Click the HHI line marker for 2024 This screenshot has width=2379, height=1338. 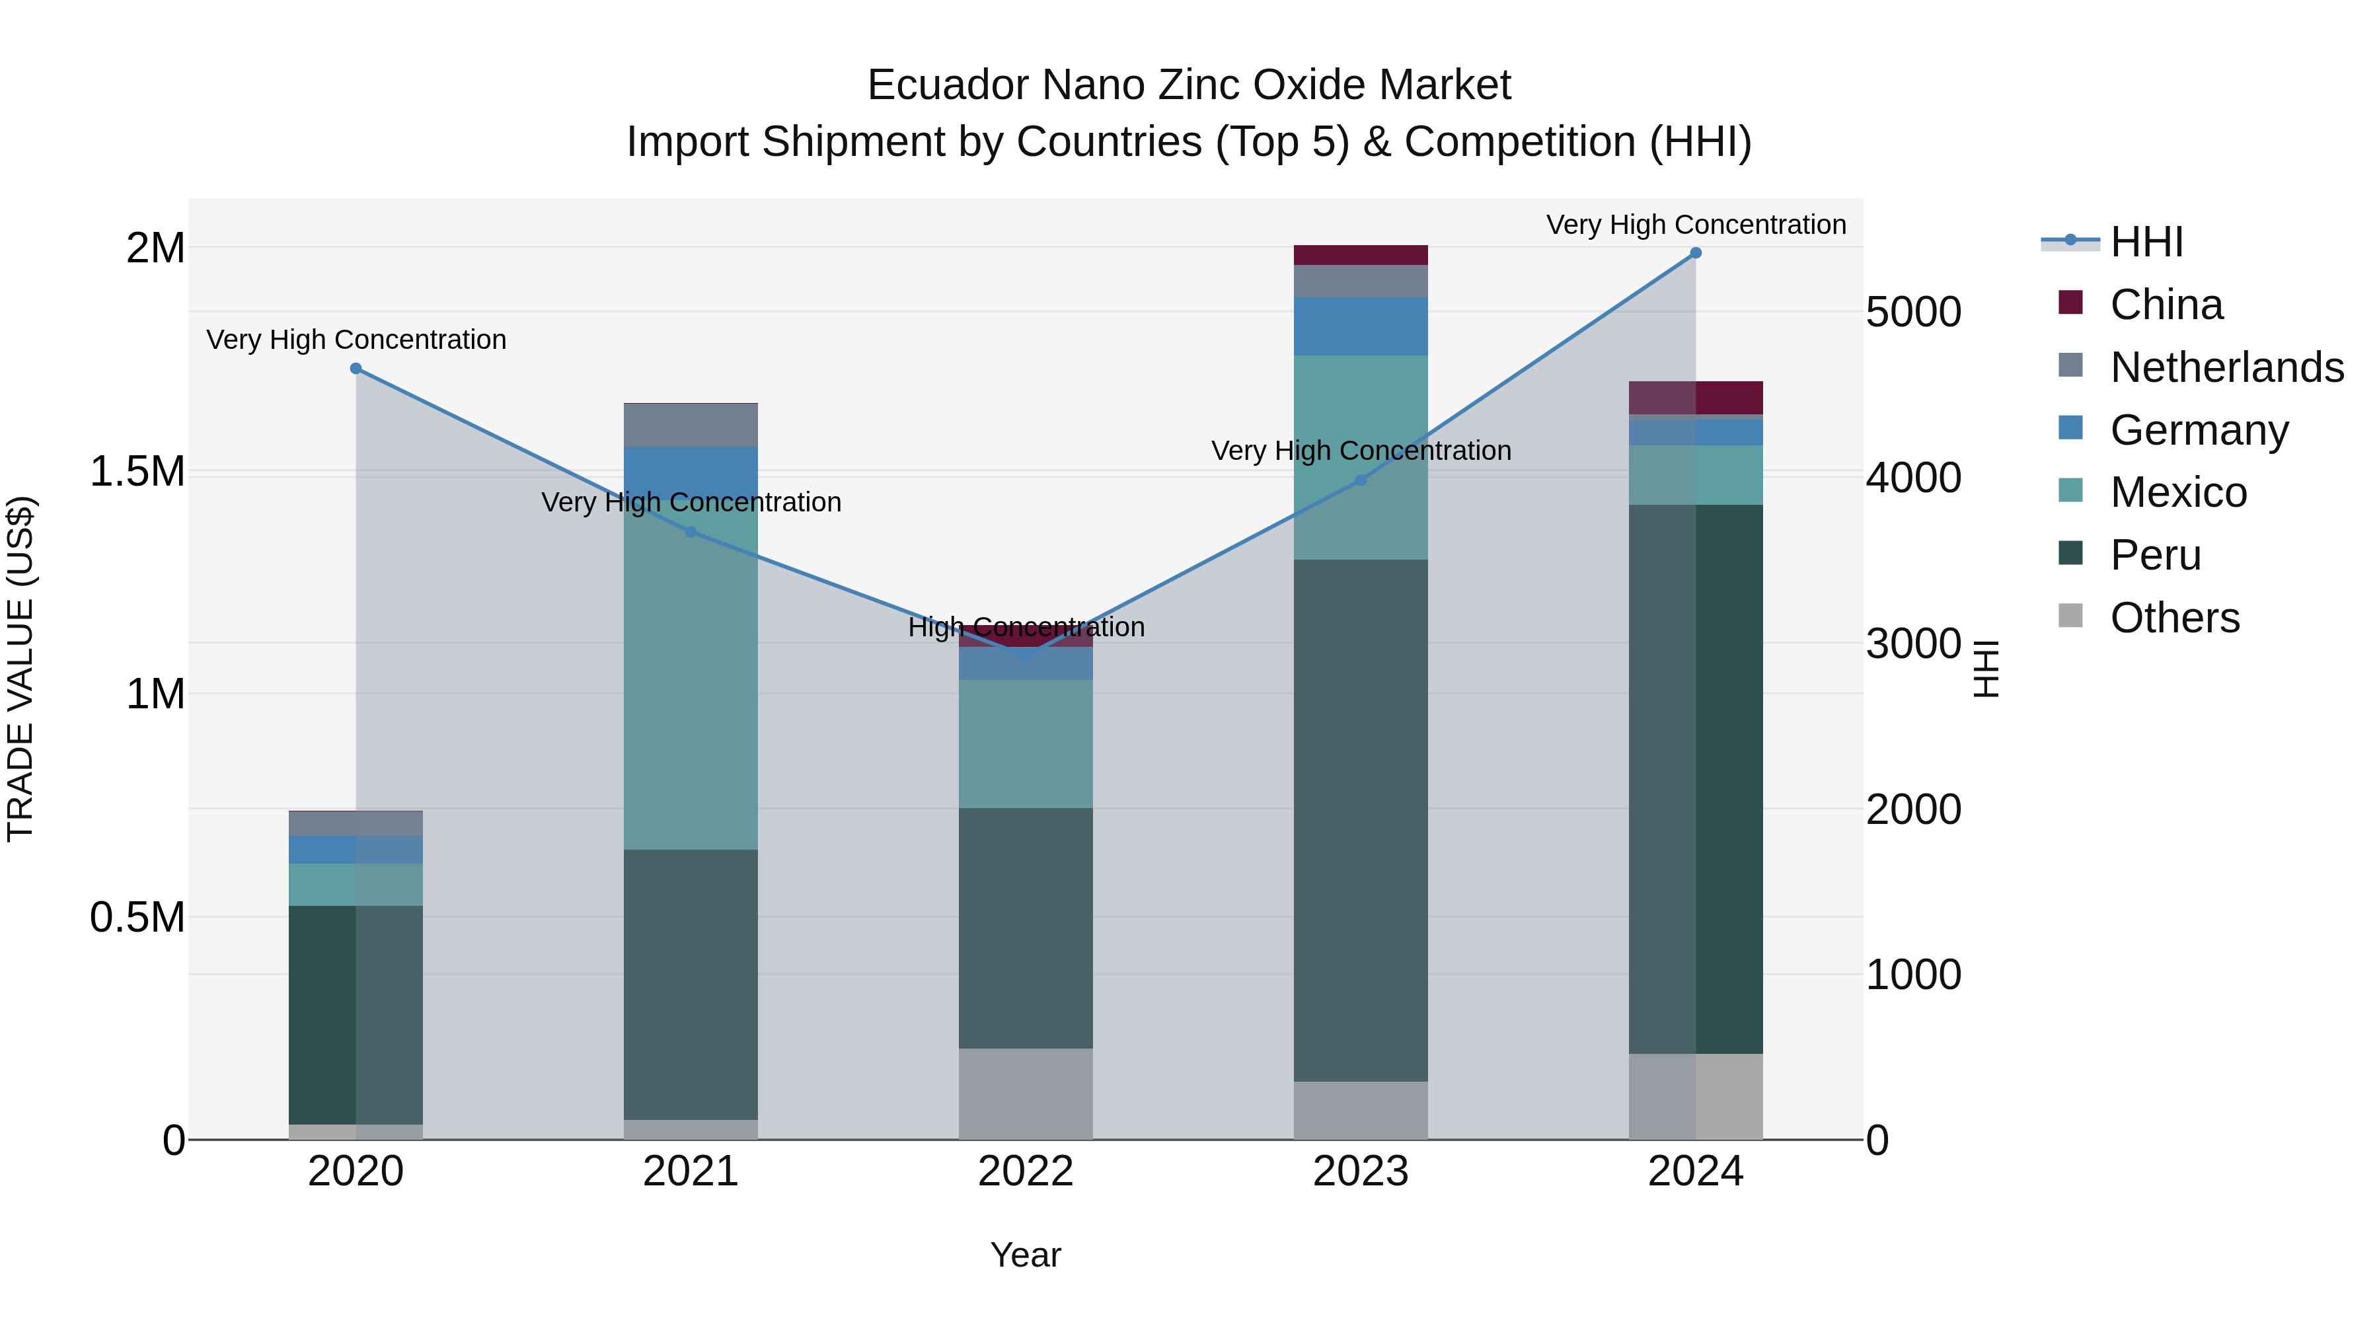[1696, 253]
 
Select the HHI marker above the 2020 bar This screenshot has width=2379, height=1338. [356, 369]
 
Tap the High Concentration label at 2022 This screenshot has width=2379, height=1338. [1026, 627]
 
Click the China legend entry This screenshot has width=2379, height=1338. [2166, 305]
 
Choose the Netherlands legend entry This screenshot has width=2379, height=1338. [2226, 367]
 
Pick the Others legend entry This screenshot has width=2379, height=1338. [2174, 618]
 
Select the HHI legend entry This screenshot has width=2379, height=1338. [2146, 242]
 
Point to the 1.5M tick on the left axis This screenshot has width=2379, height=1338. [137, 472]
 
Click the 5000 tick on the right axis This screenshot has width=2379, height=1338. [1912, 312]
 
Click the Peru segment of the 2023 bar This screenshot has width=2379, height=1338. [1361, 820]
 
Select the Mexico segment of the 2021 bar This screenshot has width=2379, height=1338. [691, 674]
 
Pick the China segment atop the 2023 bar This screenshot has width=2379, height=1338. [1361, 255]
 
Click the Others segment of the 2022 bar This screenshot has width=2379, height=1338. [1026, 1094]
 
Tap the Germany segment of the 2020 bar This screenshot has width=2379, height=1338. [356, 850]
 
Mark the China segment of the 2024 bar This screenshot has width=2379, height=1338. [1696, 398]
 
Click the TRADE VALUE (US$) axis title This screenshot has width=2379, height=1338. [20, 669]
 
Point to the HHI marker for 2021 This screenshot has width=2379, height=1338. [691, 532]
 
